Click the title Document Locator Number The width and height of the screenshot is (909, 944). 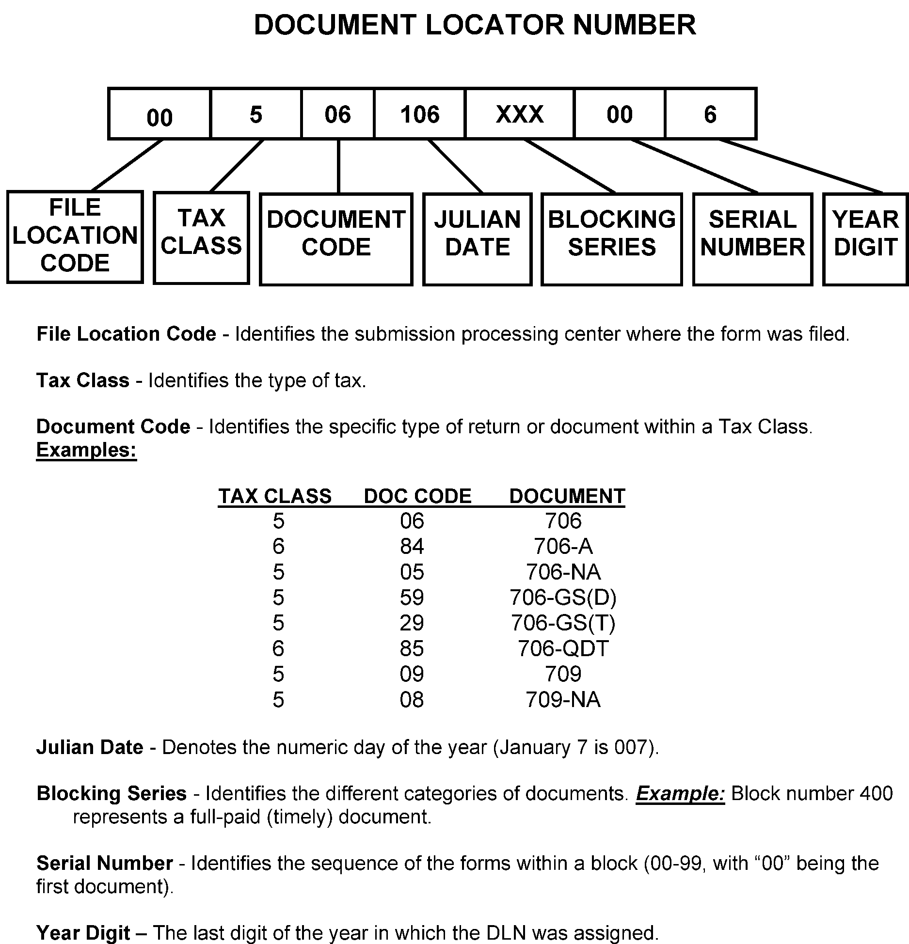coord(475,25)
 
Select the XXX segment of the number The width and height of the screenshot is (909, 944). coord(519,114)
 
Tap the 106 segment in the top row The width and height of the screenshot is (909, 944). coord(420,114)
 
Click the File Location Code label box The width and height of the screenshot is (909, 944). coord(75,236)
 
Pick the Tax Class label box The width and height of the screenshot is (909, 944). coord(201,237)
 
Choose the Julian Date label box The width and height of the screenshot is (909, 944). coord(478,239)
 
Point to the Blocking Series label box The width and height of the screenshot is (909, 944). coord(611,239)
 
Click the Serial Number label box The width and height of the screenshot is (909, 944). coord(752,239)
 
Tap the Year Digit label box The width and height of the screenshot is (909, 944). coord(865,239)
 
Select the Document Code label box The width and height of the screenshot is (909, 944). coord(336,239)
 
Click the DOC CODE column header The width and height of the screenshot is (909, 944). coord(417,496)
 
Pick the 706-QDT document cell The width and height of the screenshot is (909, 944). coord(563,648)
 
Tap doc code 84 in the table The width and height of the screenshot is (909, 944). coord(412,546)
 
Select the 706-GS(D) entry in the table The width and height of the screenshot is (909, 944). coord(563,597)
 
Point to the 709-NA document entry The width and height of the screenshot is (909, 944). coord(563,699)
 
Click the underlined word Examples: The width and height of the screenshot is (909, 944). coord(86,450)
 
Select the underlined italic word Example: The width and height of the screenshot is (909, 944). coord(680,793)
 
